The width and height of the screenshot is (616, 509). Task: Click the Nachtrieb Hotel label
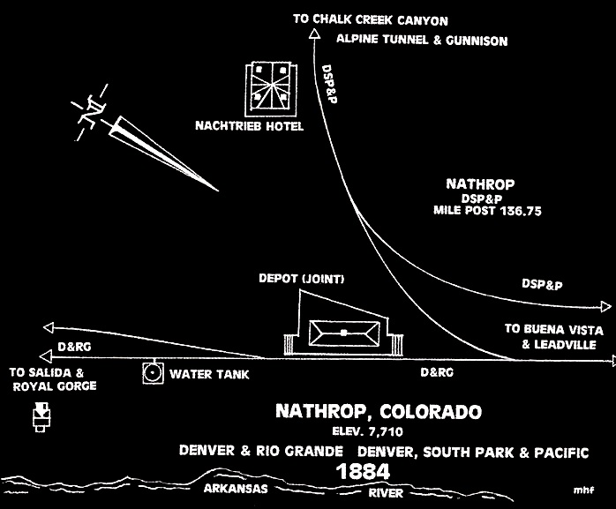click(x=250, y=125)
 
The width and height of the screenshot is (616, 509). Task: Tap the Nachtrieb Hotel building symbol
click(x=271, y=89)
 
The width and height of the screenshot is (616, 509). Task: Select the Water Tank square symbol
click(x=153, y=373)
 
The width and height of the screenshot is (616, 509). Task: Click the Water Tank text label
click(x=209, y=374)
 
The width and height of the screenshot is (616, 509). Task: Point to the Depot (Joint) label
click(x=301, y=279)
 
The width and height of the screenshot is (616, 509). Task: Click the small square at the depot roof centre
click(x=344, y=333)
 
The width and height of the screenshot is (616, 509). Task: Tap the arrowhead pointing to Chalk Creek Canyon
click(x=313, y=34)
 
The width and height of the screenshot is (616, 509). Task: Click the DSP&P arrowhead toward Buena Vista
click(x=606, y=306)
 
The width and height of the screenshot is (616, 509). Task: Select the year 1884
click(x=363, y=472)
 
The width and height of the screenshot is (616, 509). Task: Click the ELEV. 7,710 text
click(x=367, y=431)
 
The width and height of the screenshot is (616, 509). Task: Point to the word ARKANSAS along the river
click(x=236, y=488)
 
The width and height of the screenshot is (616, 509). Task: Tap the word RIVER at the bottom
click(x=386, y=493)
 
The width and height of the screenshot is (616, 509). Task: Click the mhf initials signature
click(x=583, y=490)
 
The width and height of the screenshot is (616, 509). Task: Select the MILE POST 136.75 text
click(x=487, y=211)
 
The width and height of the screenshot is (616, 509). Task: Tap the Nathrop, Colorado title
click(x=379, y=412)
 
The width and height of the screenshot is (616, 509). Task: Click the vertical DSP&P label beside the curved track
click(x=329, y=84)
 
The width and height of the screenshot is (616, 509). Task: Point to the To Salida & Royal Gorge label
click(x=53, y=379)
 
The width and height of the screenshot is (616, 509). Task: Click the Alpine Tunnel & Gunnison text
click(x=422, y=40)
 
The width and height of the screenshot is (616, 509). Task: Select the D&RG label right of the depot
click(x=437, y=372)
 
